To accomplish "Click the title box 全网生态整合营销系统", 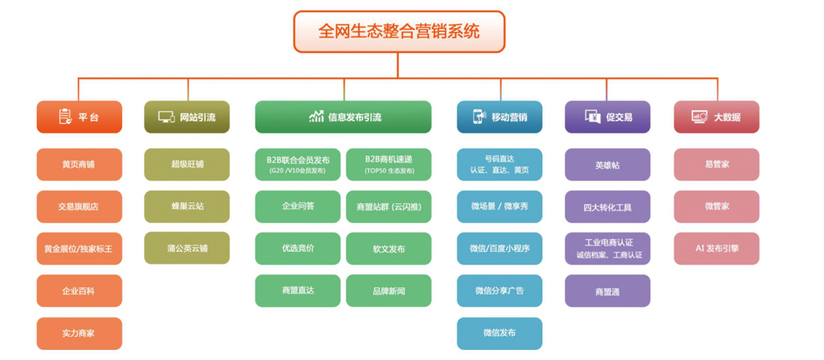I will [x=399, y=32].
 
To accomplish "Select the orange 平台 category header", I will [x=79, y=117].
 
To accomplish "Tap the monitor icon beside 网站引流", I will [x=166, y=117].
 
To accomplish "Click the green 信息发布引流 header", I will [x=343, y=117].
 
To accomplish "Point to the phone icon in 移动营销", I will [x=478, y=117].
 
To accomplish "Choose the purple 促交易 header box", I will [x=607, y=117].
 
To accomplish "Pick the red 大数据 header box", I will [x=716, y=117].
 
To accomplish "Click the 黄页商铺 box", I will [x=79, y=164].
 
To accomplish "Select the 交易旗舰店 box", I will [x=79, y=206].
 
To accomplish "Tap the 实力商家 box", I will [x=79, y=334].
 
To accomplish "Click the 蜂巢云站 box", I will [x=187, y=206].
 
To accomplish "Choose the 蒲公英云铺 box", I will [x=187, y=249].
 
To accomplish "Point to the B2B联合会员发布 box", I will [x=298, y=164].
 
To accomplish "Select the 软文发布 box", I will [x=389, y=249].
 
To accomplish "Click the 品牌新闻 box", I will [x=389, y=291].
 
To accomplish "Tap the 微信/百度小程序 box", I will [x=499, y=249].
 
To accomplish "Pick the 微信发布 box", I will [x=499, y=334].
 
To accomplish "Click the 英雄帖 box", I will [x=607, y=164].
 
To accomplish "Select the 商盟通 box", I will [x=607, y=291].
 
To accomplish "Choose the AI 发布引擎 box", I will [x=716, y=249].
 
